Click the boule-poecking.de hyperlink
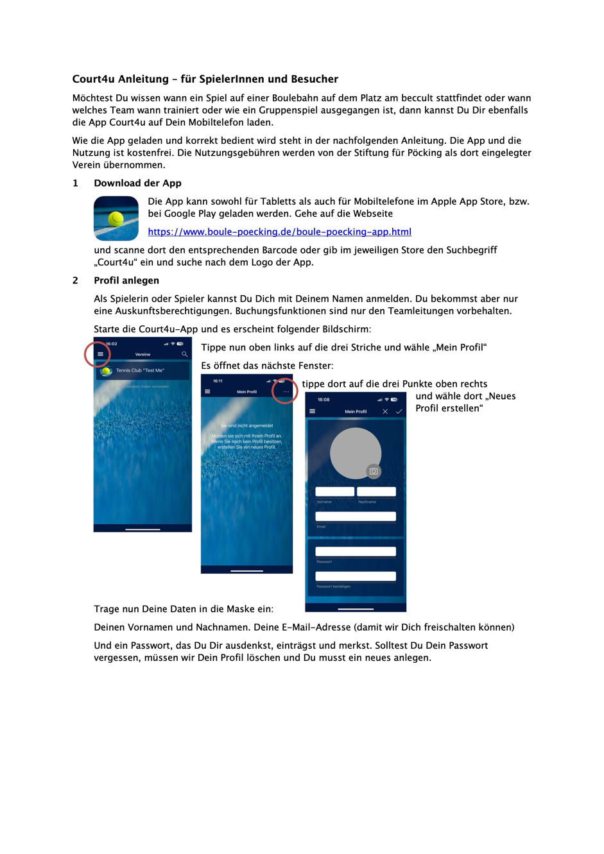[x=279, y=232]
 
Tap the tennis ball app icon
[x=116, y=218]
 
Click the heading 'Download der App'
[x=137, y=183]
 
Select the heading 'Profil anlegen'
[x=126, y=280]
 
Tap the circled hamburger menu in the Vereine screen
[x=100, y=354]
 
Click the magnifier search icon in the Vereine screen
[x=184, y=354]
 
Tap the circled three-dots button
[x=286, y=391]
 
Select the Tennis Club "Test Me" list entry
[x=142, y=370]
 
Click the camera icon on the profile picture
[x=374, y=472]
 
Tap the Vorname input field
[x=334, y=491]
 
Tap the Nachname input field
[x=376, y=491]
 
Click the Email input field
[x=356, y=517]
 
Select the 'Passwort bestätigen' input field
[x=356, y=576]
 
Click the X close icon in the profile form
[x=385, y=411]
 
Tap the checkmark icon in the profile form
[x=399, y=411]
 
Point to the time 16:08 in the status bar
[x=324, y=400]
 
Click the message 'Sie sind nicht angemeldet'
[x=246, y=425]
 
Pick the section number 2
[x=75, y=280]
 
